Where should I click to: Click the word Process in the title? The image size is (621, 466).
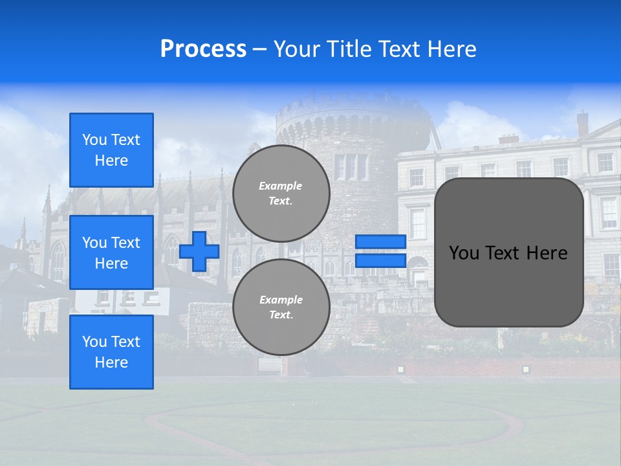pos(203,49)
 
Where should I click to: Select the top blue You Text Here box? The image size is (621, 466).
pos(111,150)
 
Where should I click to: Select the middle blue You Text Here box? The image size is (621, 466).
pos(111,252)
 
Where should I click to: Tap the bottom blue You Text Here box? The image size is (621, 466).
pos(111,352)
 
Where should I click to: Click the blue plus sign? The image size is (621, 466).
pos(199,251)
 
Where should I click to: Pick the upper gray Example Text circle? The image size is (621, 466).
pos(281,194)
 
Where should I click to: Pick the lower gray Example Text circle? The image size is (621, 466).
pos(281,307)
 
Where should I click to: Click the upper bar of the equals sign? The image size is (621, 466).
pos(381,241)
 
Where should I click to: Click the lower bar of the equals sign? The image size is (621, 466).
pos(381,260)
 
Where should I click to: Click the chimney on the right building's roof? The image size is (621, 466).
pos(582,122)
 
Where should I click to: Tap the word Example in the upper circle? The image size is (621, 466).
pos(281,186)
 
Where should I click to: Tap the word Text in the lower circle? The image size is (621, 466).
pos(281,315)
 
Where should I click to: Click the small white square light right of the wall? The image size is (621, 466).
pos(525,369)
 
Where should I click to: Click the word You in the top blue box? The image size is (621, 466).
pos(94,140)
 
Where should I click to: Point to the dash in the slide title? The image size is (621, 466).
pos(260,49)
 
